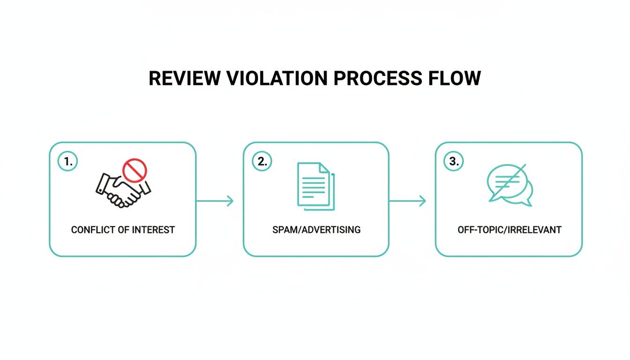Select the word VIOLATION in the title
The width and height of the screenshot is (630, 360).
click(x=276, y=78)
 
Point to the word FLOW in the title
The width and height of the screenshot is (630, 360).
click(x=454, y=78)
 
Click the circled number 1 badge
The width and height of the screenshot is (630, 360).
click(x=68, y=162)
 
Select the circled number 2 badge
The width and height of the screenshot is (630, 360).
click(x=262, y=162)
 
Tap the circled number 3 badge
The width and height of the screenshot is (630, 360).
click(x=453, y=162)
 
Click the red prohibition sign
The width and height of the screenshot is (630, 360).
click(x=135, y=169)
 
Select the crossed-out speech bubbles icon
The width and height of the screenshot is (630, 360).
click(x=509, y=185)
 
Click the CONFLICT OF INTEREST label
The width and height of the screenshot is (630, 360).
click(x=123, y=230)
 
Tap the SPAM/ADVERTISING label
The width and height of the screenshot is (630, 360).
click(x=316, y=230)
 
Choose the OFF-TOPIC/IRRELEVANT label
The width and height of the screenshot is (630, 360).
click(x=509, y=230)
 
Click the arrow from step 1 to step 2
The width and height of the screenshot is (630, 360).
click(x=215, y=201)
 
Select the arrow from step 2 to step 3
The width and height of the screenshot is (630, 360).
click(x=407, y=201)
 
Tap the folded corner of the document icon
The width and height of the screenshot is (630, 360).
click(x=325, y=167)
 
